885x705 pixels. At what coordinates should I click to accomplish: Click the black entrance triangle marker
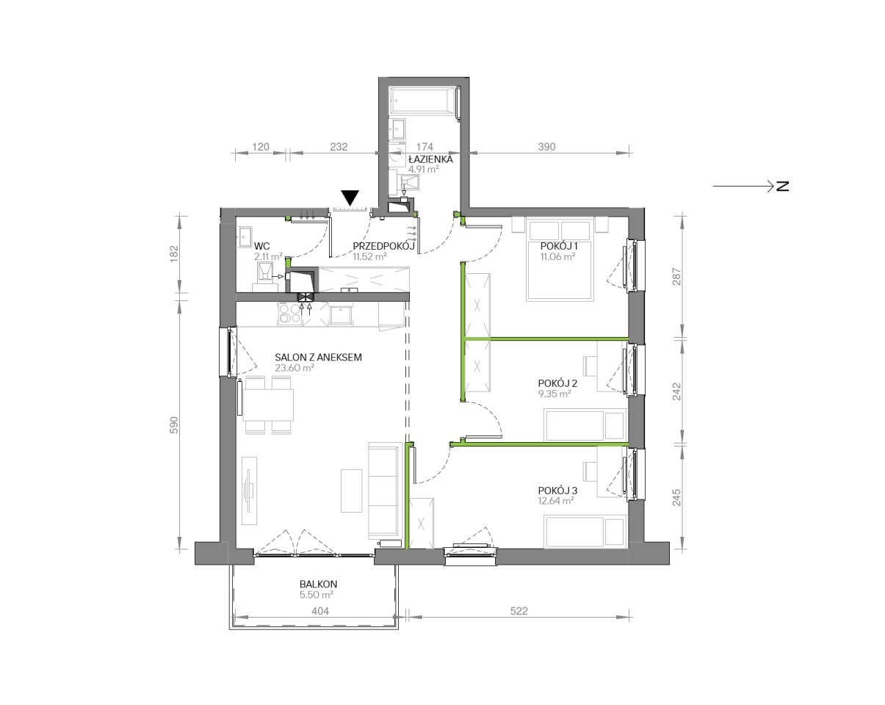pyautogui.click(x=350, y=198)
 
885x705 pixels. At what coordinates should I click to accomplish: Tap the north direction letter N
pyautogui.click(x=783, y=187)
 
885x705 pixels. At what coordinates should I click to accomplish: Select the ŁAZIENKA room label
pyautogui.click(x=430, y=159)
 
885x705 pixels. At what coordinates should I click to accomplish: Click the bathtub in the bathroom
pyautogui.click(x=424, y=100)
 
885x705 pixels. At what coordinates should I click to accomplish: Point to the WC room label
pyautogui.click(x=262, y=246)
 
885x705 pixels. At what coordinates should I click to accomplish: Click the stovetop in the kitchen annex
pyautogui.click(x=290, y=314)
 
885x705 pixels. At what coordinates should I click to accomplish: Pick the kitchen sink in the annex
pyautogui.click(x=341, y=315)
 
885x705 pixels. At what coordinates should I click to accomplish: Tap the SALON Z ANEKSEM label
pyautogui.click(x=318, y=358)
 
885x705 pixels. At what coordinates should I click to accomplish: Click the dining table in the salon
pyautogui.click(x=268, y=405)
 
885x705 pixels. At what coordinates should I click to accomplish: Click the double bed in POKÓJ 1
pyautogui.click(x=560, y=259)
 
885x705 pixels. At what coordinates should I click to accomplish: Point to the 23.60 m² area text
pyautogui.click(x=295, y=368)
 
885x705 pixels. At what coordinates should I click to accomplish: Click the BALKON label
pyautogui.click(x=318, y=584)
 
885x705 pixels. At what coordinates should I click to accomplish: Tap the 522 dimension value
pyautogui.click(x=519, y=611)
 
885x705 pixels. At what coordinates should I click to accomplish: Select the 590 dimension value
pyautogui.click(x=174, y=425)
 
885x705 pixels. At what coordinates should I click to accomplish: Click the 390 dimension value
pyautogui.click(x=546, y=147)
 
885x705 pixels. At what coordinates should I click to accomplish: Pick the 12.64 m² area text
pyautogui.click(x=556, y=501)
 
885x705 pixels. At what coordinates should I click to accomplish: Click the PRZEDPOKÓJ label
pyautogui.click(x=383, y=246)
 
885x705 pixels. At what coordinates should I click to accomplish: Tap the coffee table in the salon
pyautogui.click(x=352, y=491)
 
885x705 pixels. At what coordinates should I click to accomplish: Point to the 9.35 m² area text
pyautogui.click(x=555, y=394)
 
